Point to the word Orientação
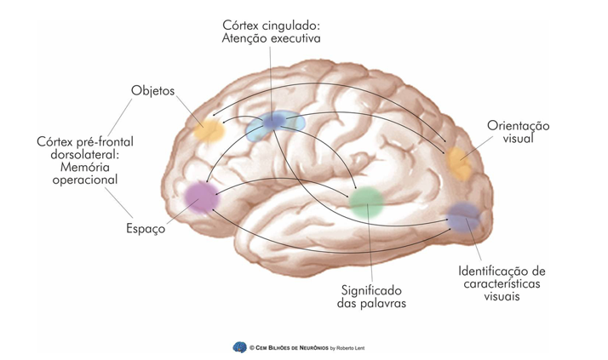(520, 124)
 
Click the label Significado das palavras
(371, 294)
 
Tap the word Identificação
(501, 270)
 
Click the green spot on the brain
(367, 202)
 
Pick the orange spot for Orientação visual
(460, 161)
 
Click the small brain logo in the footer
(239, 347)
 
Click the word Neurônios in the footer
(319, 348)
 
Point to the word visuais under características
(498, 298)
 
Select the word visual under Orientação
(519, 138)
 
